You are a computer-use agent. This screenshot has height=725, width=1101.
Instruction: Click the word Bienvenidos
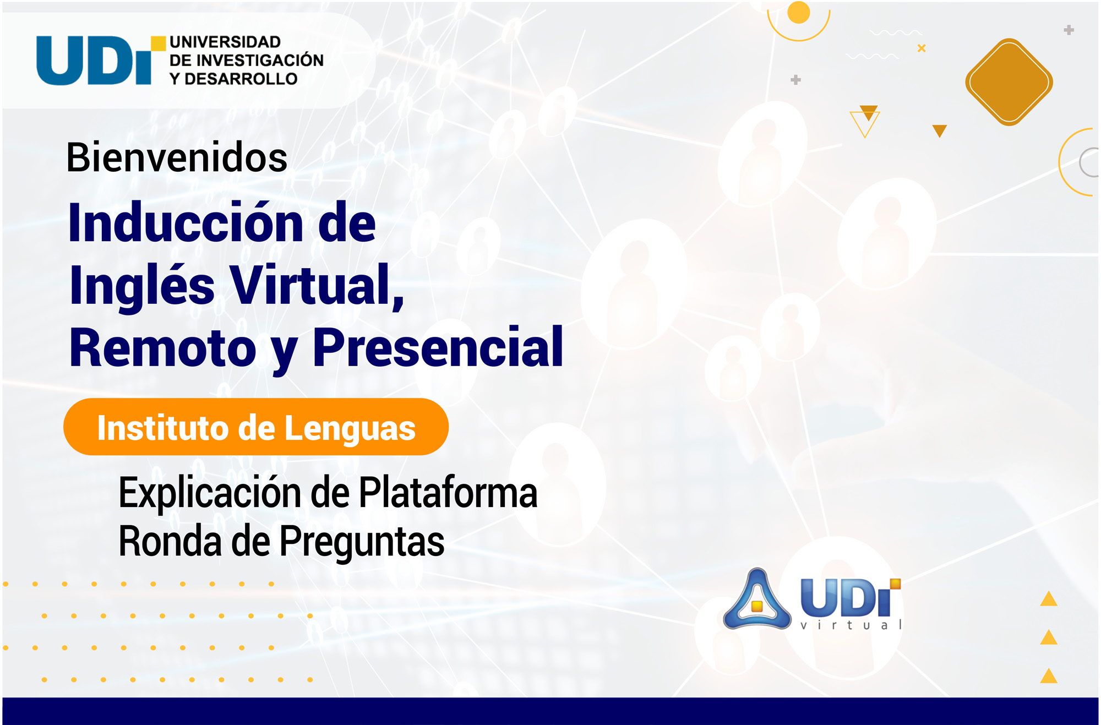pos(177,157)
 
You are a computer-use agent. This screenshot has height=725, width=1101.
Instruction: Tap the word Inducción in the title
pos(186,222)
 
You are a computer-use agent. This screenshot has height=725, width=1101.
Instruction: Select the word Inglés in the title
pos(142,285)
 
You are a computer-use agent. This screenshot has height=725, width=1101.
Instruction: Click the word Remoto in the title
pos(163,348)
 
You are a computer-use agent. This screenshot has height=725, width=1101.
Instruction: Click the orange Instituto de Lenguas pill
pos(256,427)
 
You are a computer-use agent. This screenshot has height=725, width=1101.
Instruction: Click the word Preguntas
pos(362,542)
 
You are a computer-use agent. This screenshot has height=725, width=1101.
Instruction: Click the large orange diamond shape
pos(1009,82)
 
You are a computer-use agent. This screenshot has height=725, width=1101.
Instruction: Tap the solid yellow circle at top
pos(799,13)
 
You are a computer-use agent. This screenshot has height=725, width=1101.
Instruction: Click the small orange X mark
pos(922,48)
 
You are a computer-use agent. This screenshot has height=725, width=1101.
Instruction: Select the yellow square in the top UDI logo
pos(159,43)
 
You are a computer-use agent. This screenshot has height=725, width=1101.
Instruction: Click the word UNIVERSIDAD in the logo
pos(225,42)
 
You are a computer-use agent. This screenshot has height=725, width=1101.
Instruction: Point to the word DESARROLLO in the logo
pos(241,79)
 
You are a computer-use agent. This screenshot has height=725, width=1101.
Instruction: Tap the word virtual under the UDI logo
pos(851,625)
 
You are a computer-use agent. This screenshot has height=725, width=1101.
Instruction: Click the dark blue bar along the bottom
pos(550,711)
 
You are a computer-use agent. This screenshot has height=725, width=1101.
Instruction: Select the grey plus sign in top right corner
pos(1069,30)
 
